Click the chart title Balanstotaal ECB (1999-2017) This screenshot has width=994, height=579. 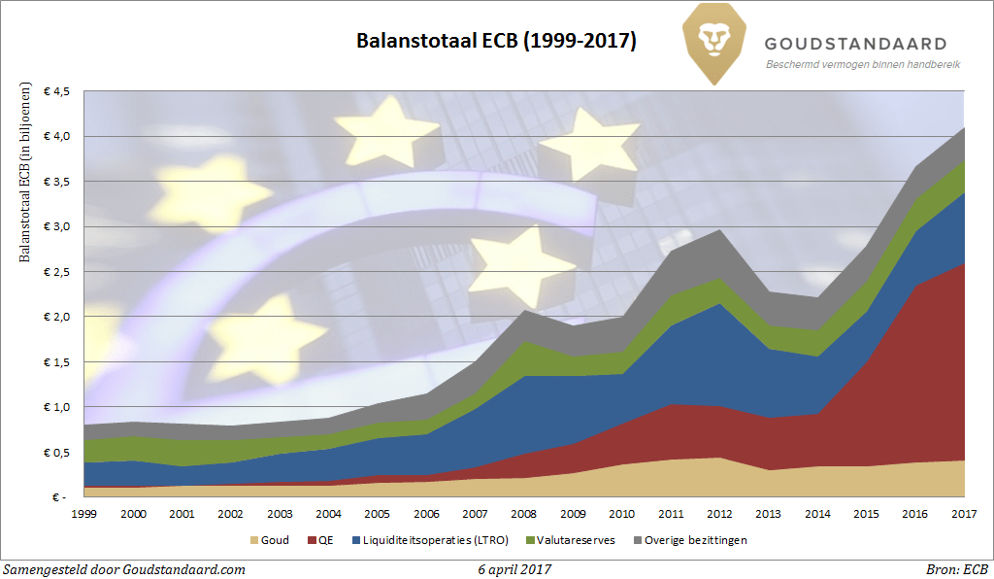[x=496, y=41]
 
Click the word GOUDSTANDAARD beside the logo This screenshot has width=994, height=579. [x=855, y=44]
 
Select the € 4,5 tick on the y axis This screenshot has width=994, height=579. [x=56, y=92]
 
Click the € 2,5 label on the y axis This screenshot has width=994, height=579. [x=56, y=272]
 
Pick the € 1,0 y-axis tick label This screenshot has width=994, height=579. [x=56, y=407]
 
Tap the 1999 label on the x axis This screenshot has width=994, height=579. [x=84, y=512]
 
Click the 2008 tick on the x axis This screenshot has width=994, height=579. [x=524, y=512]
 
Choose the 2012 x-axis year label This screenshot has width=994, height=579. [x=719, y=512]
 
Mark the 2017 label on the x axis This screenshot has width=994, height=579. [x=963, y=512]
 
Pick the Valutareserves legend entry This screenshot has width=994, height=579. [x=576, y=539]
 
